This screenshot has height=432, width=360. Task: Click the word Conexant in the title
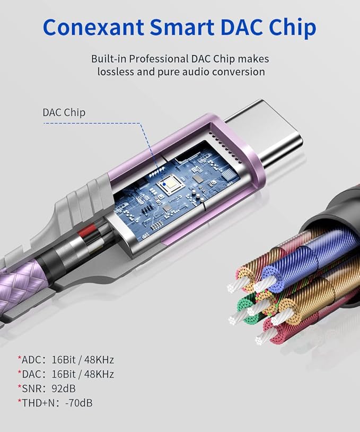[x=93, y=27]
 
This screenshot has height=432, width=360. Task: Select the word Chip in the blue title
[x=293, y=27]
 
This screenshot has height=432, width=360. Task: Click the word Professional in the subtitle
[x=159, y=59]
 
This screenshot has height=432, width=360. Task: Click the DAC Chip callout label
[x=64, y=112]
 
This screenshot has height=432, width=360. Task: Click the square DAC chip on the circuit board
[x=170, y=185]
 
